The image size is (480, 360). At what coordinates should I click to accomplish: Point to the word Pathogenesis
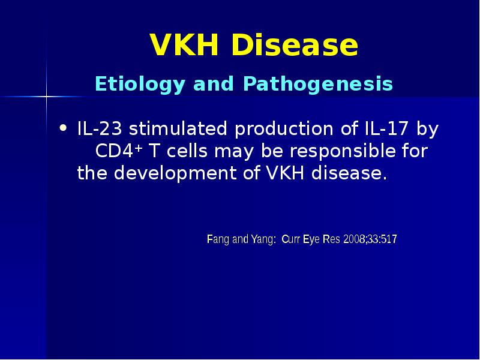pos(318,84)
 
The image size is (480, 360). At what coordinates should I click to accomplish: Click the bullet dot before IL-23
pos(64,127)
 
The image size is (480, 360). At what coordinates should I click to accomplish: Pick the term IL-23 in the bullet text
pos(100,129)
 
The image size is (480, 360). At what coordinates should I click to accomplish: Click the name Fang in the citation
pos(218,240)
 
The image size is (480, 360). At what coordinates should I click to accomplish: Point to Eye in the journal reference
pos(312,240)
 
